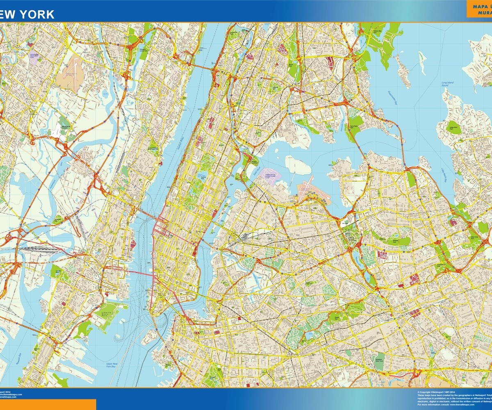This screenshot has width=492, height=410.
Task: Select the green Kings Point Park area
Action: coord(454,128)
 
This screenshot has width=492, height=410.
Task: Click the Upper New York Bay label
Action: coord(112,365)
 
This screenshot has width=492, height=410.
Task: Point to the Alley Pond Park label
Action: coord(476,238)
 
